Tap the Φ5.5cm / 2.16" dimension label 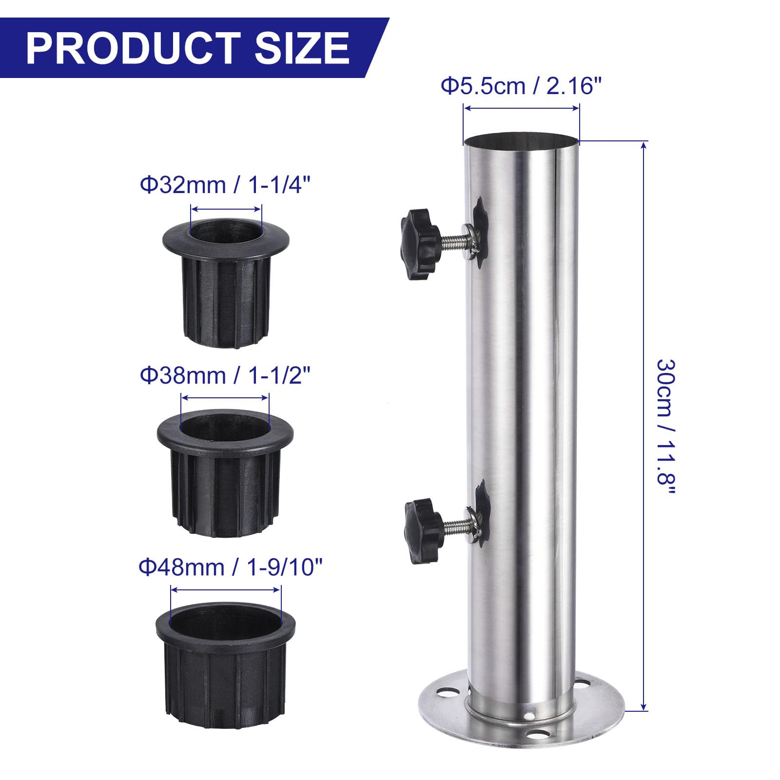tap(522, 87)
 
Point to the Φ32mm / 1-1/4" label tap(225, 185)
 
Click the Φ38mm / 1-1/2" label tap(225, 376)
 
